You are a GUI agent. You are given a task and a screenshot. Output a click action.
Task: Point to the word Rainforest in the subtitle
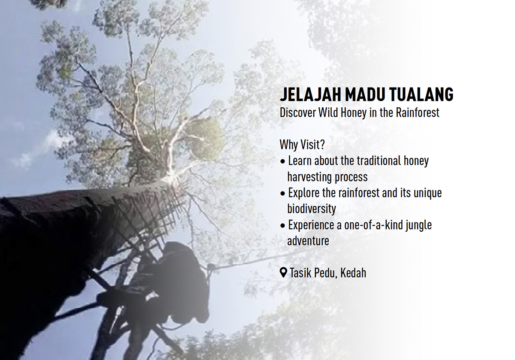[x=418, y=113]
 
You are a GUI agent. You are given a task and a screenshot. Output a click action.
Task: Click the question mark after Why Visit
[x=322, y=144]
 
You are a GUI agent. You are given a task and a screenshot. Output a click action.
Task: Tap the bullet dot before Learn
[x=282, y=162]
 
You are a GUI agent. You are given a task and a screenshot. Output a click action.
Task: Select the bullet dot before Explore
[x=282, y=194]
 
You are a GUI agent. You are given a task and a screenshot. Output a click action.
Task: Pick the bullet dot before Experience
[x=282, y=226]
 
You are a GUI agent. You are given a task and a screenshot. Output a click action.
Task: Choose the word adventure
[x=308, y=241]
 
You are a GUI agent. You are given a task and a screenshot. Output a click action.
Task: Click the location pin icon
[x=283, y=272]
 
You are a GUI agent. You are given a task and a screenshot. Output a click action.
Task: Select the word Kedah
[x=353, y=273]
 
